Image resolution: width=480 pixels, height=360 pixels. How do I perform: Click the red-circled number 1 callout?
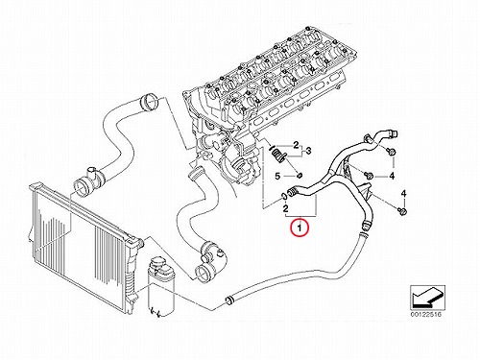pos(299,228)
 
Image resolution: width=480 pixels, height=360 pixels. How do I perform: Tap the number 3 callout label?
pos(309,151)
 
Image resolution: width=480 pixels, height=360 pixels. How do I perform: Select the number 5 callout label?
pos(277,176)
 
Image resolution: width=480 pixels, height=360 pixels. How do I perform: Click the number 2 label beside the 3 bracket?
pos(297,145)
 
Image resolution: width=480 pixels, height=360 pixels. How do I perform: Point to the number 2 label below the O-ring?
pos(286,208)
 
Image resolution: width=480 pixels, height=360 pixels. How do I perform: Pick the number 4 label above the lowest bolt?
pos(403,193)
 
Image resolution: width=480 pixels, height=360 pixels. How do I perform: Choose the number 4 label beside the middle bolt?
pos(392,176)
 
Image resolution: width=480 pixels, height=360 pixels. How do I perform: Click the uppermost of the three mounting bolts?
pos(391,151)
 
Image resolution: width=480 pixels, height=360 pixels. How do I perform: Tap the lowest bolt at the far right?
pos(402,211)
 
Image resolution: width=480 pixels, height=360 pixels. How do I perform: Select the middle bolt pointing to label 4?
pos(369,175)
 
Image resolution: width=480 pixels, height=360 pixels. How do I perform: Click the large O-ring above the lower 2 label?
pos(283,196)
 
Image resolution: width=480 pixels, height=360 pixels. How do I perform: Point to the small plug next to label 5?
pos(300,175)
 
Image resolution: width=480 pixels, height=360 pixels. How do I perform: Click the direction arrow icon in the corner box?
pos(427,297)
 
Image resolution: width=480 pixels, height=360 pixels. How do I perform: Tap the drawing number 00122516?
pos(426,315)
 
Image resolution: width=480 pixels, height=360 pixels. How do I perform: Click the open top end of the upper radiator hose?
pos(150,101)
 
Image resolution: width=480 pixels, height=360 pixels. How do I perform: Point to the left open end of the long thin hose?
pos(228,300)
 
